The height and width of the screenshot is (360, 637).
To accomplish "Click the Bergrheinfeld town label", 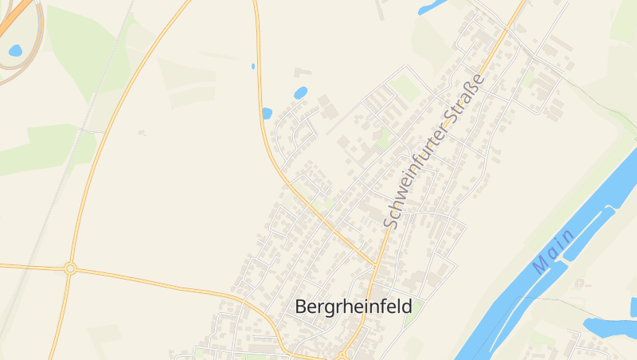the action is (353, 306).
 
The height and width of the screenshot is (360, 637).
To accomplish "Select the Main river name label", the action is (554, 252).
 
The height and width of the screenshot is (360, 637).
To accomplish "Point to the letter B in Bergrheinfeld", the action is (301, 306).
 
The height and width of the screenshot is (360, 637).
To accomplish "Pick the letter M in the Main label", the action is (541, 265).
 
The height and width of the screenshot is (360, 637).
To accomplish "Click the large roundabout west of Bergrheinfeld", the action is (70, 268).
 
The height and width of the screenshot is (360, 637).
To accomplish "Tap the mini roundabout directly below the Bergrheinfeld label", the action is (342, 355).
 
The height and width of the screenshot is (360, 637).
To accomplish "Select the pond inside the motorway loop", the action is (15, 51).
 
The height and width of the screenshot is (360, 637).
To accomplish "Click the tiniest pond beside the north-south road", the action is (253, 66).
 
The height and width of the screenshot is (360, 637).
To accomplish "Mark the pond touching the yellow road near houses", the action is (267, 113).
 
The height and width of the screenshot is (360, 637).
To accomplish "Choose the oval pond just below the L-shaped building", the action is (300, 93).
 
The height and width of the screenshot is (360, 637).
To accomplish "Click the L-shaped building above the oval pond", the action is (302, 72).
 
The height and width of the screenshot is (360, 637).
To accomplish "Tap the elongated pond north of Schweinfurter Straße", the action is (432, 7).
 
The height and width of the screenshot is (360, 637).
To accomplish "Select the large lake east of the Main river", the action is (609, 327).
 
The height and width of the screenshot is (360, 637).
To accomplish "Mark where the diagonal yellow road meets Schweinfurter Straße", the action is (376, 264).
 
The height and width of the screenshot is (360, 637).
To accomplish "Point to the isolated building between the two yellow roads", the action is (142, 132).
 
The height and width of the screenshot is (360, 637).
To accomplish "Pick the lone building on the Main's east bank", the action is (579, 283).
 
